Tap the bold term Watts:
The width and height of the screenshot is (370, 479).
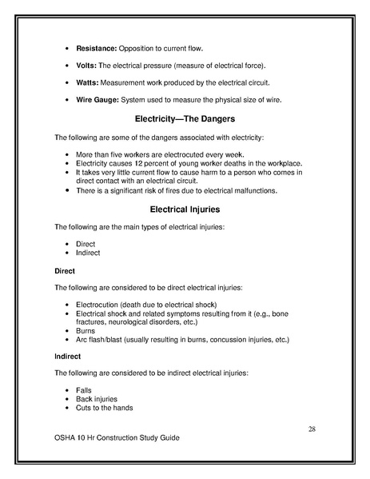88,83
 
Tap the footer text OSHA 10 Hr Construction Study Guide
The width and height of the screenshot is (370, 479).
117,439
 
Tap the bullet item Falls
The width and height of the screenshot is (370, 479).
84,390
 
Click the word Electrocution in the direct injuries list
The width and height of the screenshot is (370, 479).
101,305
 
